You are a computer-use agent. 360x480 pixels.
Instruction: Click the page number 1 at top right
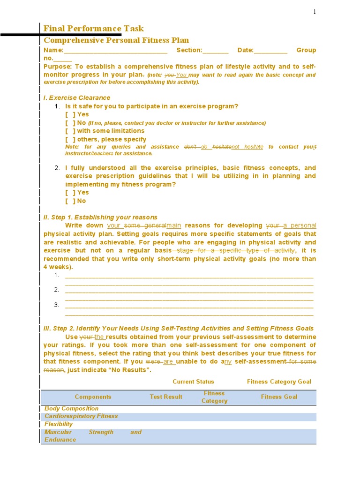[x=315, y=12]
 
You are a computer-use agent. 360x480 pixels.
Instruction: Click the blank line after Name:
[x=115, y=51]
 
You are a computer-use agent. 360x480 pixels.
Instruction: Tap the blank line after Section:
[x=216, y=51]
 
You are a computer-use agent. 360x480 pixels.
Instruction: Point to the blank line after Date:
[x=270, y=51]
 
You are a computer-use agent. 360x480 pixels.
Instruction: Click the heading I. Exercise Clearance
[x=77, y=97]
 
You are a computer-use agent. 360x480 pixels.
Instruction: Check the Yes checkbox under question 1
[x=70, y=114]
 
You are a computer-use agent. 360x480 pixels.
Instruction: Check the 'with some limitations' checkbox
[x=70, y=131]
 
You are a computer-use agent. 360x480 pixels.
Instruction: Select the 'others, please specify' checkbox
[x=70, y=139]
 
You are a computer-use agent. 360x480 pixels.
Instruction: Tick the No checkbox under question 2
[x=70, y=201]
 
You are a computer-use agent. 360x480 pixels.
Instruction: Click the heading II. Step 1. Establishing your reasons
[x=100, y=217]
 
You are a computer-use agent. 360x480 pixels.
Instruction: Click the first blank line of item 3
[x=189, y=305]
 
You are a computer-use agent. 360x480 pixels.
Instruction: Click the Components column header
[x=93, y=397]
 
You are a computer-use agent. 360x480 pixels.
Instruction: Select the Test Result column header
[x=166, y=397]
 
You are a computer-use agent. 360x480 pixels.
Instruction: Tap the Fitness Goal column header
[x=279, y=397]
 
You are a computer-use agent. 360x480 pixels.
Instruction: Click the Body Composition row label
[x=71, y=409]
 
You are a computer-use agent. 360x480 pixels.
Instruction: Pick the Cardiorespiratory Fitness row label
[x=81, y=416]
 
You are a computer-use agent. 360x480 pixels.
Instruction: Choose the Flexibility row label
[x=59, y=424]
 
